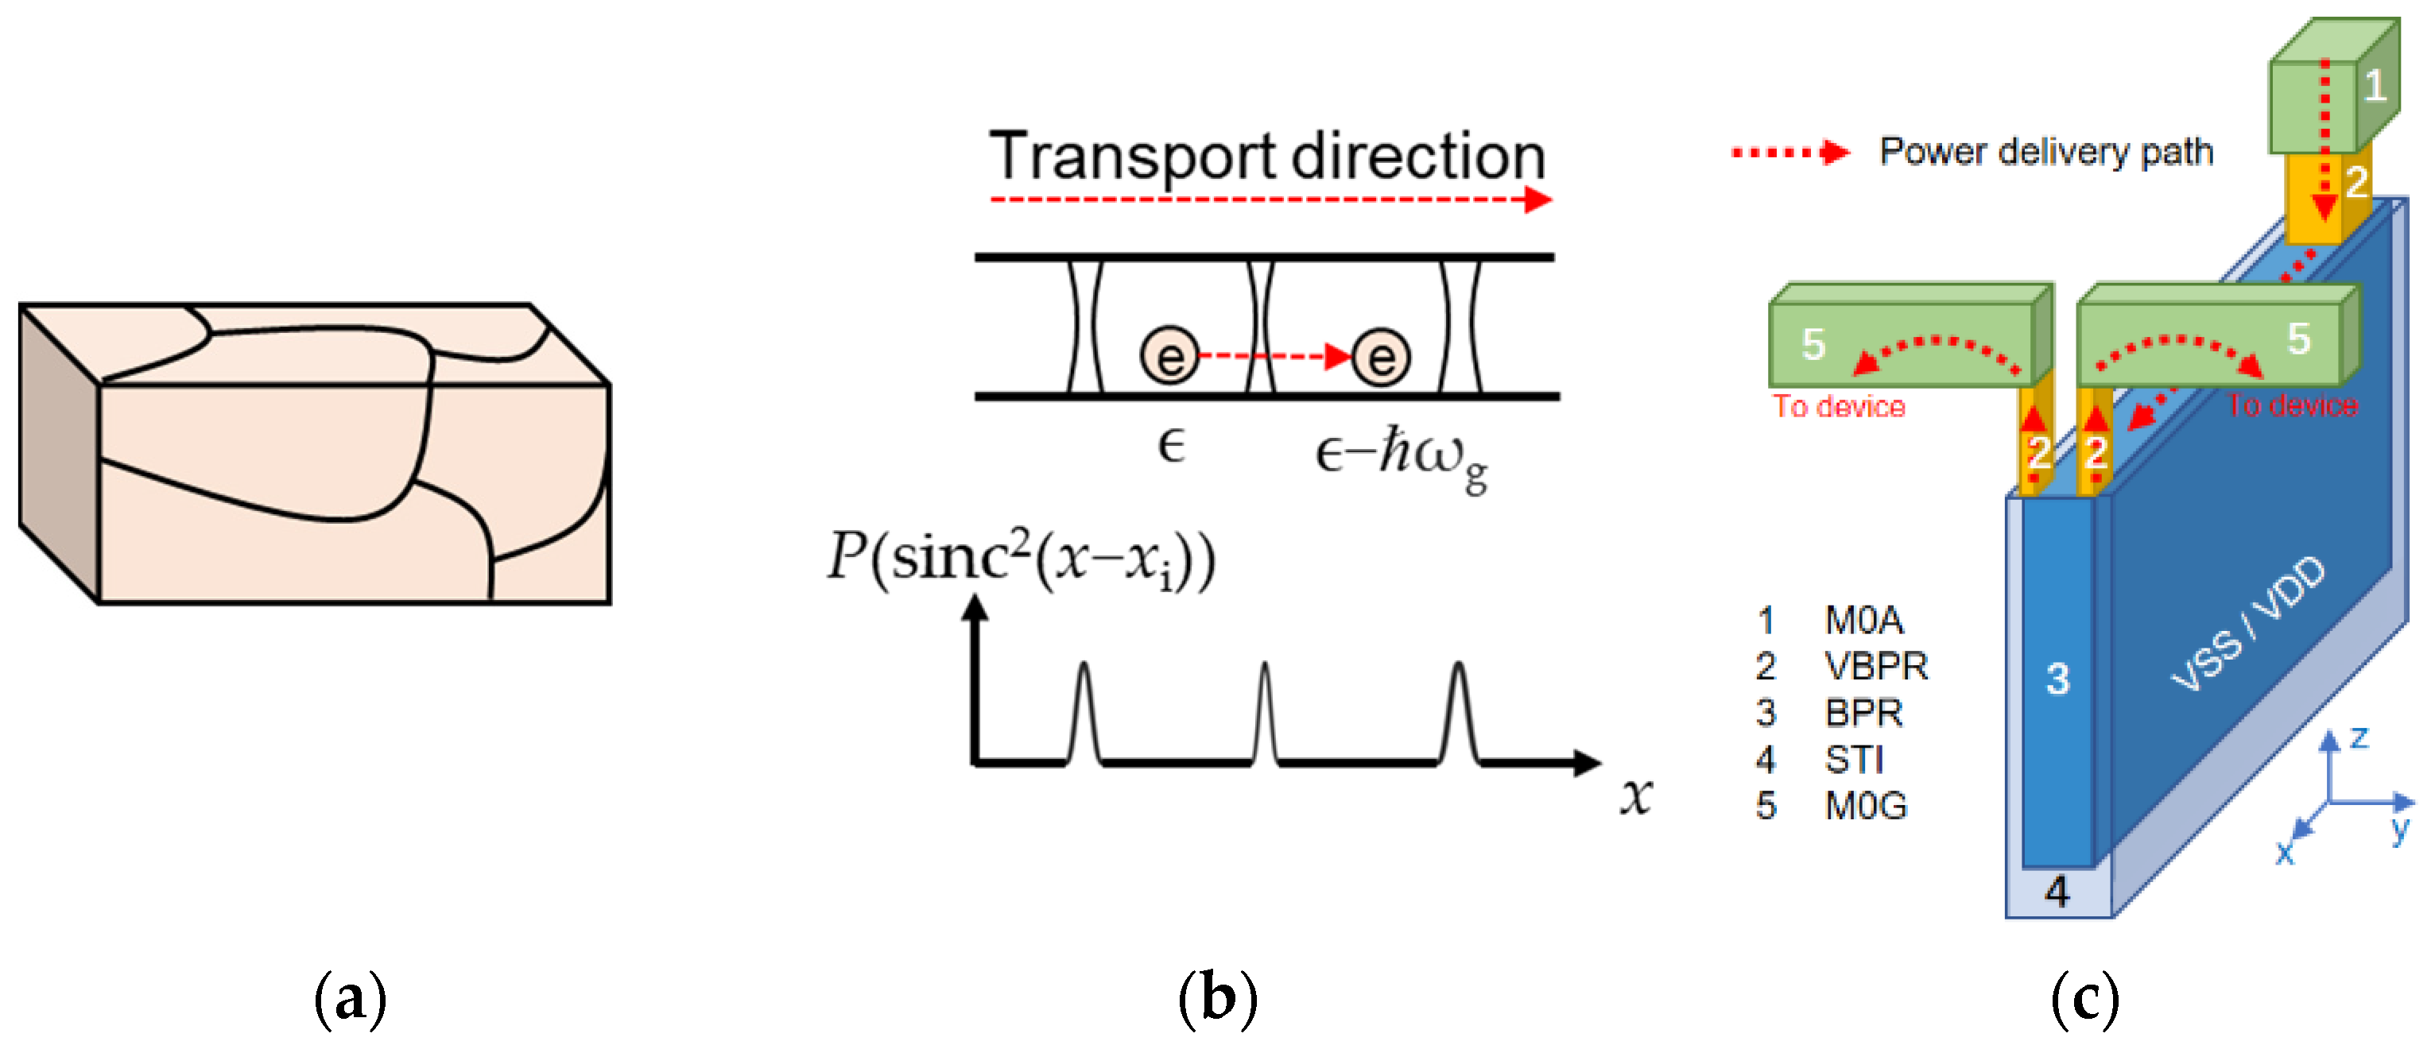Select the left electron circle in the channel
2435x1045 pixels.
pyautogui.click(x=1169, y=356)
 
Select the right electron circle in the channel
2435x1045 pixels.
pyautogui.click(x=1381, y=356)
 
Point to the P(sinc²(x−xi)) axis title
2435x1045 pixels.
pyautogui.click(x=1021, y=559)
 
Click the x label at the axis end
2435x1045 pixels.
pyautogui.click(x=1635, y=795)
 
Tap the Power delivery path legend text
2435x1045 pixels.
pyautogui.click(x=2045, y=151)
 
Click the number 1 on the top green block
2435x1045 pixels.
pyautogui.click(x=2375, y=87)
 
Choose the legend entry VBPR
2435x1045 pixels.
pyautogui.click(x=1875, y=667)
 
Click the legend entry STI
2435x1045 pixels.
pyautogui.click(x=1854, y=760)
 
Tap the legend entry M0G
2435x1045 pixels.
pyautogui.click(x=1866, y=806)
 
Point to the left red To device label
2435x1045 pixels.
pyautogui.click(x=1839, y=407)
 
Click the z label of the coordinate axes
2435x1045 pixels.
pyautogui.click(x=2359, y=737)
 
